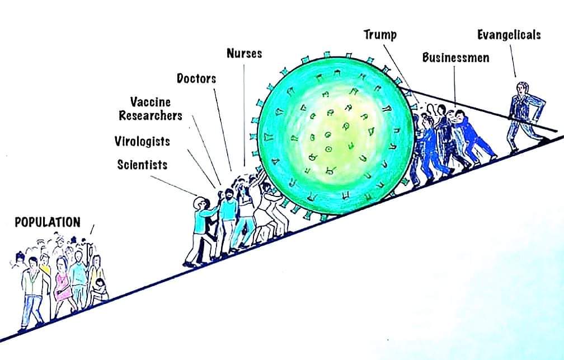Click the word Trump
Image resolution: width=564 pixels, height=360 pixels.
point(380,35)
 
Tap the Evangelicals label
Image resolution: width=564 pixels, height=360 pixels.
point(509,35)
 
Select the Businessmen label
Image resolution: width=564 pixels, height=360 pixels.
point(455,58)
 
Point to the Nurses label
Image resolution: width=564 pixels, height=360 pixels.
point(244,53)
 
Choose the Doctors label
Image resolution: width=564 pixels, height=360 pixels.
point(196,78)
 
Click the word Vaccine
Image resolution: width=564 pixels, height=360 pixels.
point(151,102)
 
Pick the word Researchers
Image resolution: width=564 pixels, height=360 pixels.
point(151,115)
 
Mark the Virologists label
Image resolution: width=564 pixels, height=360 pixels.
point(142,141)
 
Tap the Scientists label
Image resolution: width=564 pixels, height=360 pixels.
point(143,165)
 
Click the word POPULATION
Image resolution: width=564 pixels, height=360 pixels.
point(48,222)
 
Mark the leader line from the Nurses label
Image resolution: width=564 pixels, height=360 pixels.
point(244,115)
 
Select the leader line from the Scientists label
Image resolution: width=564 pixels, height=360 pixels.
point(173,186)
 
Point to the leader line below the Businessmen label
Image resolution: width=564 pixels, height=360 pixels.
point(455,86)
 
